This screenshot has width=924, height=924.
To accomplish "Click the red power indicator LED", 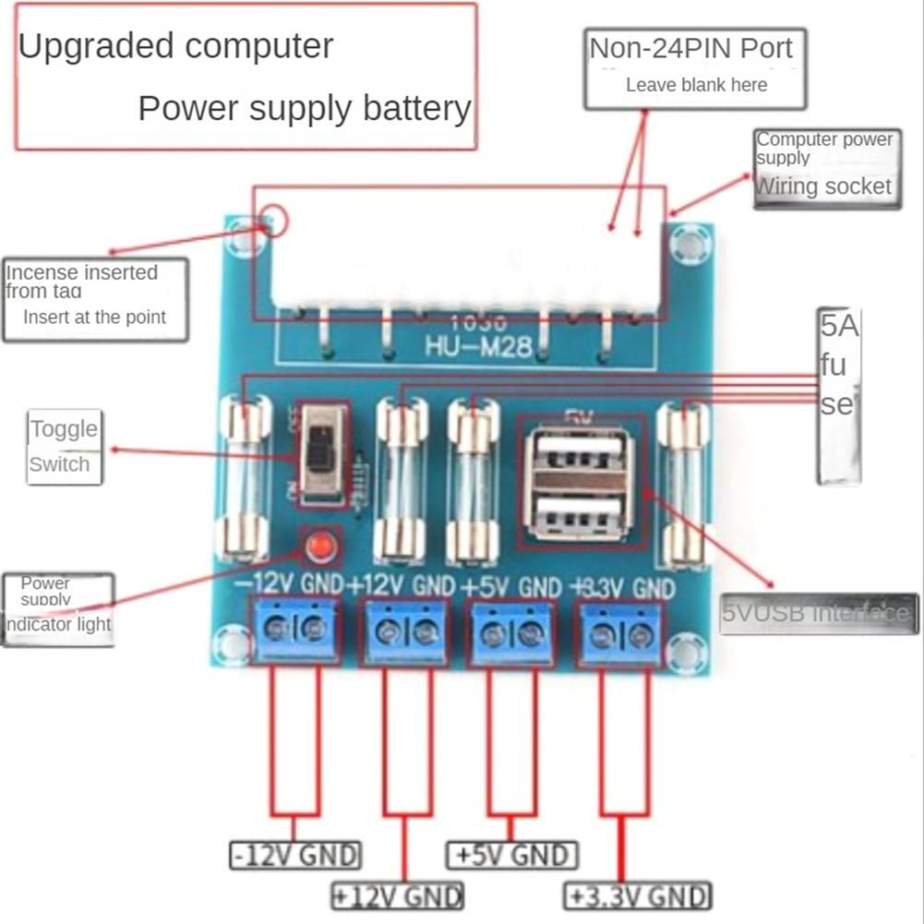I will coord(320,546).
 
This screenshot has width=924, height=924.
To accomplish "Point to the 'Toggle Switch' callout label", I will coord(63,447).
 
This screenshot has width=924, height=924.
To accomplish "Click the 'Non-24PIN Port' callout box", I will coord(694,66).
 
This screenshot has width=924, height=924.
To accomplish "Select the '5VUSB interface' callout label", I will coord(818,614).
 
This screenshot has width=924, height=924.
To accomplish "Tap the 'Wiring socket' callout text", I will coord(824,186).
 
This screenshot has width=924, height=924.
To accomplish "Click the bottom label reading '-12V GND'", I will coord(295,855).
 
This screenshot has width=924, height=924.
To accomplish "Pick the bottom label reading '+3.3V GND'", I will coord(638,895).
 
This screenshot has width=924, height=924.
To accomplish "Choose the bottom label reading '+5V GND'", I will coord(512,855).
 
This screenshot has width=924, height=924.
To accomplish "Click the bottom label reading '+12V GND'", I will coord(398,895).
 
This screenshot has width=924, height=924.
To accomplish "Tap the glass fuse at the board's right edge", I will coord(682,484).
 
